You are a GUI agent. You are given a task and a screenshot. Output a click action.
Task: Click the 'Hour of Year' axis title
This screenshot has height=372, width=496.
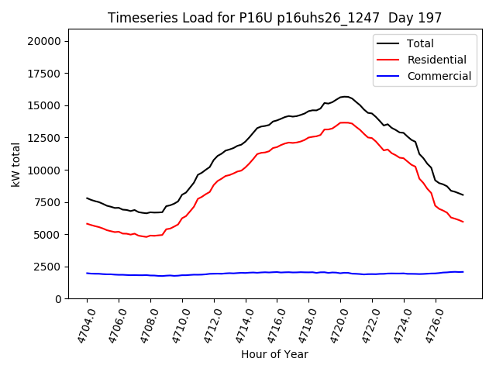coord(274,354)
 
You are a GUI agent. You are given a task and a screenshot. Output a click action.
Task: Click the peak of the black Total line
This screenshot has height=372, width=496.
coord(345,96)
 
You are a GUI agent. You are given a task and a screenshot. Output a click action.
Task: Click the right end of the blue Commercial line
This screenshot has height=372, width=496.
coord(463,272)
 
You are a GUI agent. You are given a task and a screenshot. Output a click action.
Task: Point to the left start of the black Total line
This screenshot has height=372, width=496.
coord(87,198)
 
